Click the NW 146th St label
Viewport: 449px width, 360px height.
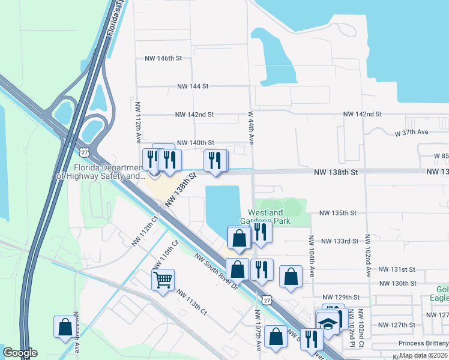pyautogui.click(x=163, y=59)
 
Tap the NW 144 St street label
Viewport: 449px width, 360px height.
pyautogui.click(x=192, y=86)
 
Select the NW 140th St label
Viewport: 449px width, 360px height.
pyautogui.click(x=194, y=143)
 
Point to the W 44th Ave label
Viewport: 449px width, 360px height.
pyautogui.click(x=251, y=127)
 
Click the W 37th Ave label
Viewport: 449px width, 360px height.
pyautogui.click(x=411, y=132)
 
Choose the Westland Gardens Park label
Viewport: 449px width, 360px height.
pyautogui.click(x=269, y=217)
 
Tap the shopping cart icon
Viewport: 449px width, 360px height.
pyautogui.click(x=163, y=280)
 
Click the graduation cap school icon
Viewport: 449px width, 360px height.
pyautogui.click(x=327, y=323)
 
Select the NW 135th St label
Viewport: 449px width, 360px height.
pyautogui.click(x=338, y=213)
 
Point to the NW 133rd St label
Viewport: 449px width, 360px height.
pyautogui.click(x=340, y=241)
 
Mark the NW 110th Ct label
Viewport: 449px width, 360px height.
pyautogui.click(x=166, y=255)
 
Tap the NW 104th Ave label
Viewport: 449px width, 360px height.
pyautogui.click(x=312, y=256)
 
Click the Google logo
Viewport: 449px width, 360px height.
pyautogui.click(x=20, y=353)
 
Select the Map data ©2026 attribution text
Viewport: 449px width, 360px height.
pyautogui.click(x=424, y=355)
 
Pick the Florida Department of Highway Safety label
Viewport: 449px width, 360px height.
pyautogui.click(x=101, y=172)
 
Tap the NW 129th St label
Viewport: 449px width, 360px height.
pyautogui.click(x=340, y=297)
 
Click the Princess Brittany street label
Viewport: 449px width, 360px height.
pyautogui.click(x=414, y=344)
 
